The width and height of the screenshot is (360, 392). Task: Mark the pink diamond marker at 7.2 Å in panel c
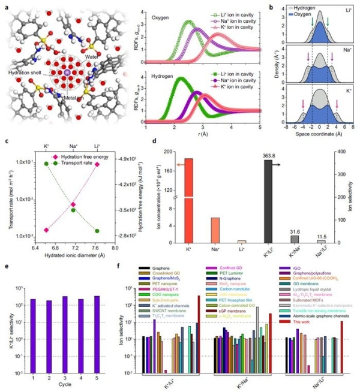[x=73, y=204]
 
